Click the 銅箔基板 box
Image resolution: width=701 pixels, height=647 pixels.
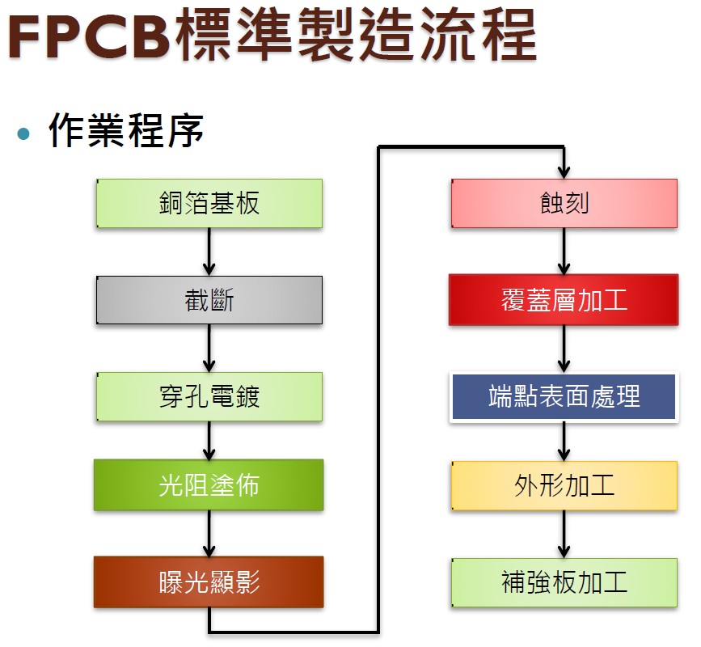tap(209, 204)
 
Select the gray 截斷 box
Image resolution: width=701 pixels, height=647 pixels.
tap(209, 300)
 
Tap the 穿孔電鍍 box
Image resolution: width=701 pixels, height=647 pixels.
tap(209, 396)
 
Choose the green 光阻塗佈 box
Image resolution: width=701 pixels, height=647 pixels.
tap(209, 485)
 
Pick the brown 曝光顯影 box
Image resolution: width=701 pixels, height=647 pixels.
tap(209, 582)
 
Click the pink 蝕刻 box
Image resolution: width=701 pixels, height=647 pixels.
tap(564, 204)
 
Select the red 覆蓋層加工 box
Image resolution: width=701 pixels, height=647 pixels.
tap(564, 300)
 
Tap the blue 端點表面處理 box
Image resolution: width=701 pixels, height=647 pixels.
tap(564, 397)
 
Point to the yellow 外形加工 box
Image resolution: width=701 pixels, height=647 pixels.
tap(564, 486)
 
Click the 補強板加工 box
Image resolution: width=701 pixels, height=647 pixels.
tap(564, 582)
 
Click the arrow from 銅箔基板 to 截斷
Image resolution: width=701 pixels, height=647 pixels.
tap(209, 252)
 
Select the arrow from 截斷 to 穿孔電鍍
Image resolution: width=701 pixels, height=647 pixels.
tap(209, 349)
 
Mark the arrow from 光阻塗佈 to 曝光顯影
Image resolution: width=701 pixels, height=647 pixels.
tap(209, 534)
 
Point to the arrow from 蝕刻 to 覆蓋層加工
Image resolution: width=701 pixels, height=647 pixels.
tap(564, 251)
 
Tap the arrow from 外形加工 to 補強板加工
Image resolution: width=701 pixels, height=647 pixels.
tap(564, 535)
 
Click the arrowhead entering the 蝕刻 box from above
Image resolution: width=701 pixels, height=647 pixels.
tap(564, 172)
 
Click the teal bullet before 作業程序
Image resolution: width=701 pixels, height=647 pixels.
tap(23, 133)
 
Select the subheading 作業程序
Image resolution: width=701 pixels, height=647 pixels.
tap(126, 130)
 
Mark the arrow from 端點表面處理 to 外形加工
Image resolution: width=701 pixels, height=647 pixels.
tap(564, 442)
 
